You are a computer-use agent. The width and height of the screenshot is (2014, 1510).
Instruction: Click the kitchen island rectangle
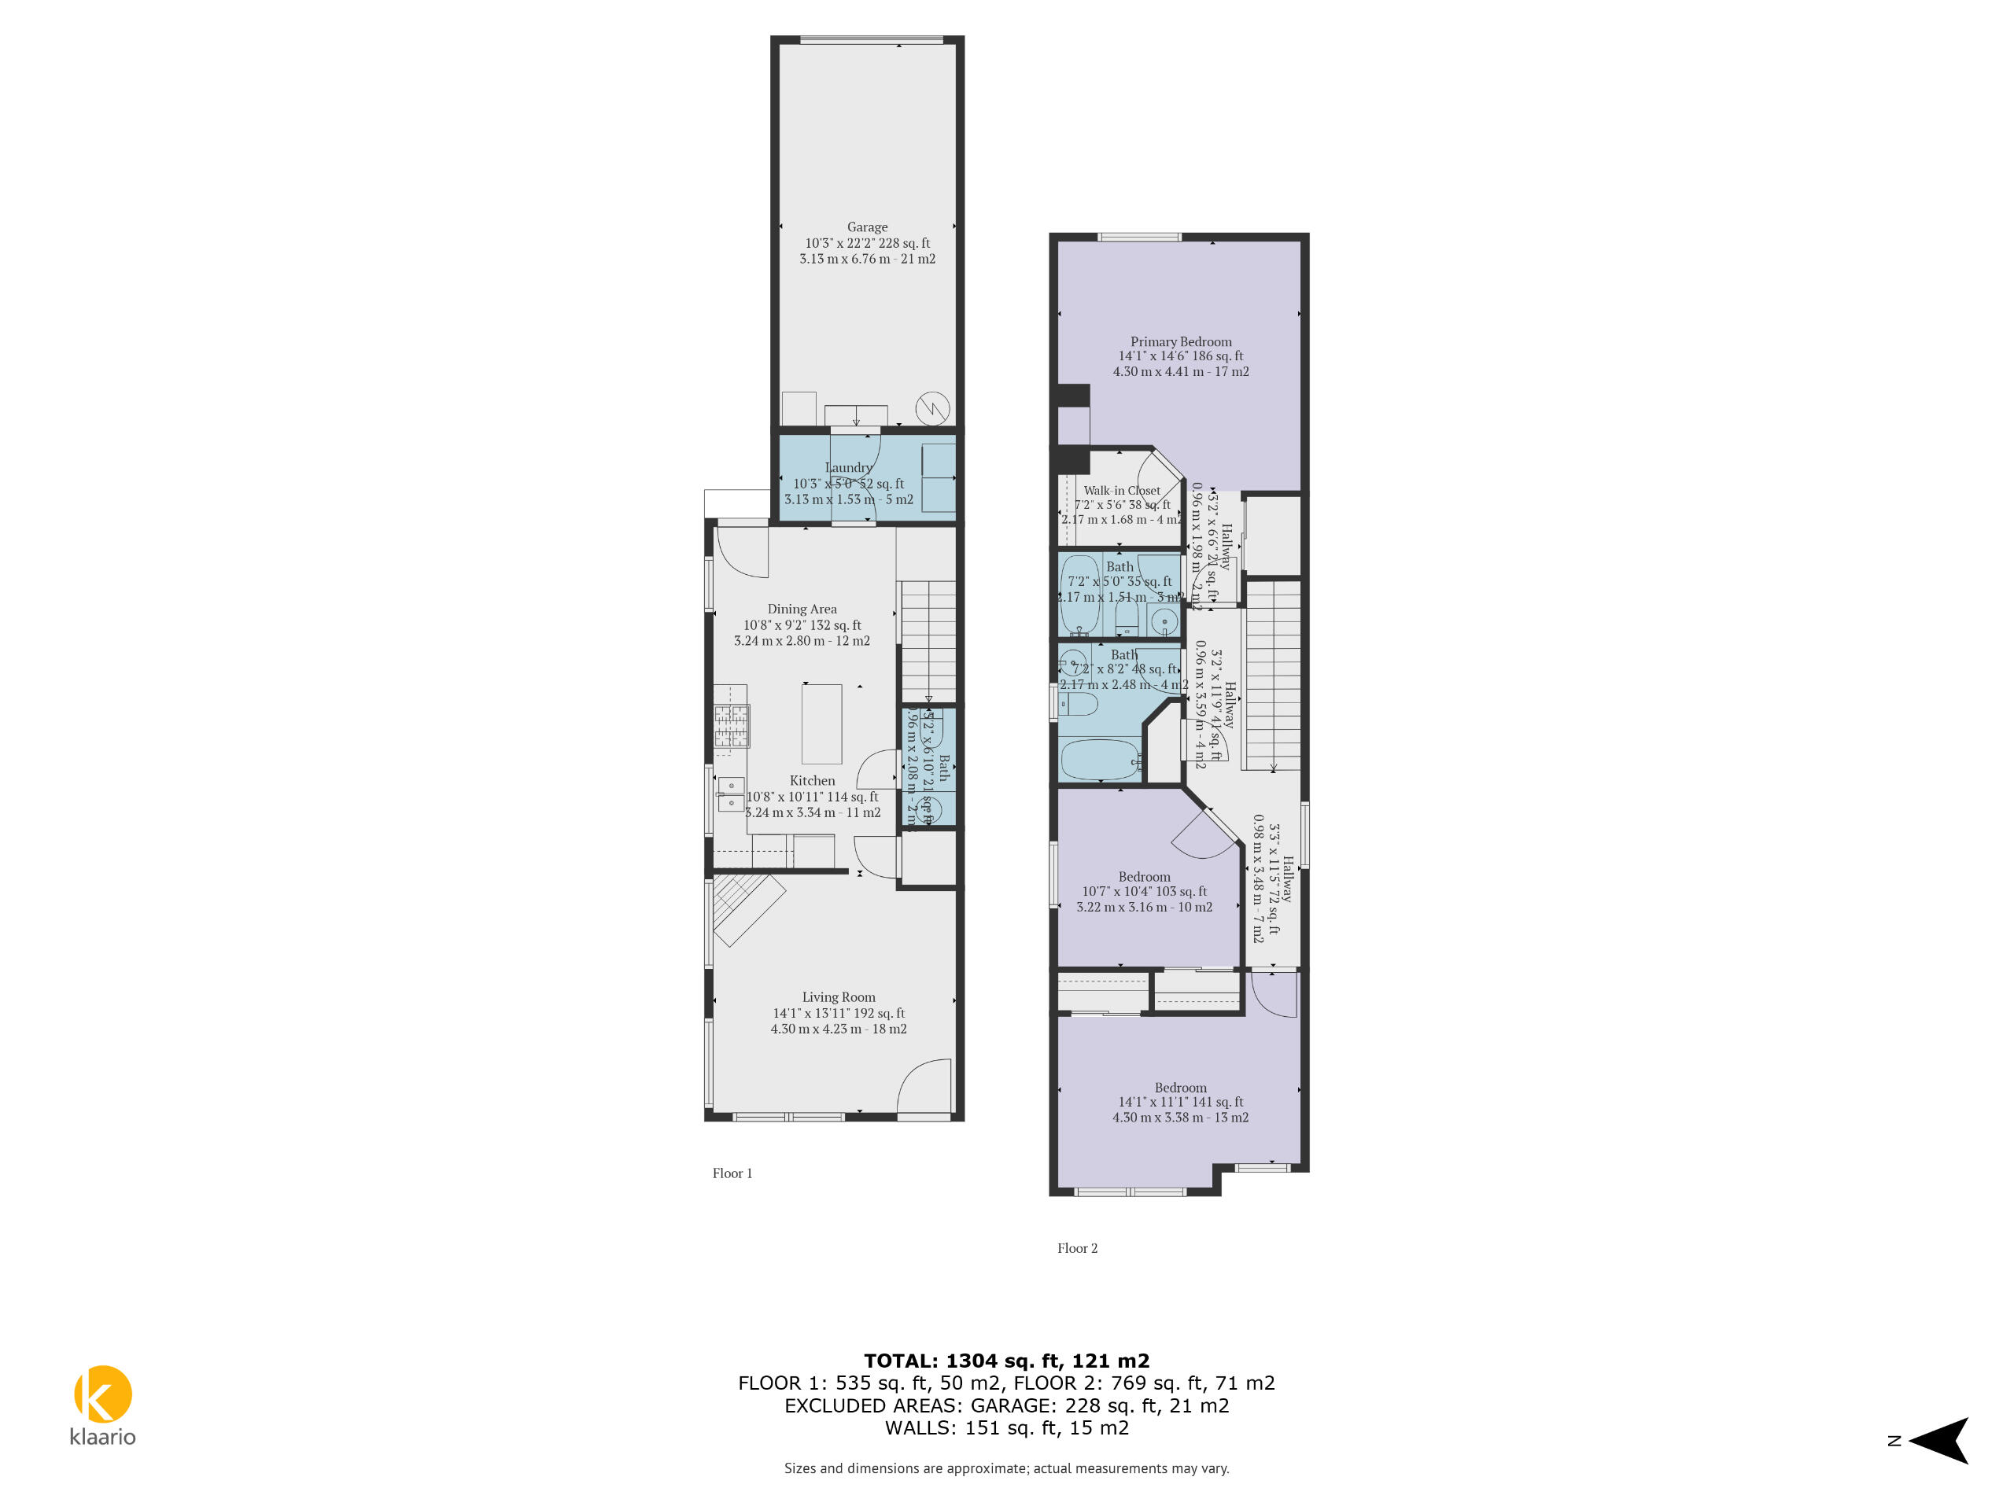tap(821, 724)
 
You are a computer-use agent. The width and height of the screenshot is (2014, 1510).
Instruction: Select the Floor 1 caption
tap(732, 1173)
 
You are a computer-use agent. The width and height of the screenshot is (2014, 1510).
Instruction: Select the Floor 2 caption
tap(1077, 1249)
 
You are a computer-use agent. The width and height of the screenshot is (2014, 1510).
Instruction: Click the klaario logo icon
tap(103, 1394)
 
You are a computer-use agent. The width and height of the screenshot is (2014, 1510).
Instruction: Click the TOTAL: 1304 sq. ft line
tap(1006, 1361)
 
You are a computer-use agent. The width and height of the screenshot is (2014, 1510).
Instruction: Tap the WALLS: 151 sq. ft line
tap(1006, 1427)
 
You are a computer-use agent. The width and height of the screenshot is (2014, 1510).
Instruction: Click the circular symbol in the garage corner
tap(932, 407)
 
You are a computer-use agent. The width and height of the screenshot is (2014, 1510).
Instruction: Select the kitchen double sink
tap(730, 794)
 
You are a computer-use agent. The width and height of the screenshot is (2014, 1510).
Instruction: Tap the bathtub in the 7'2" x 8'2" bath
tap(1099, 760)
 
